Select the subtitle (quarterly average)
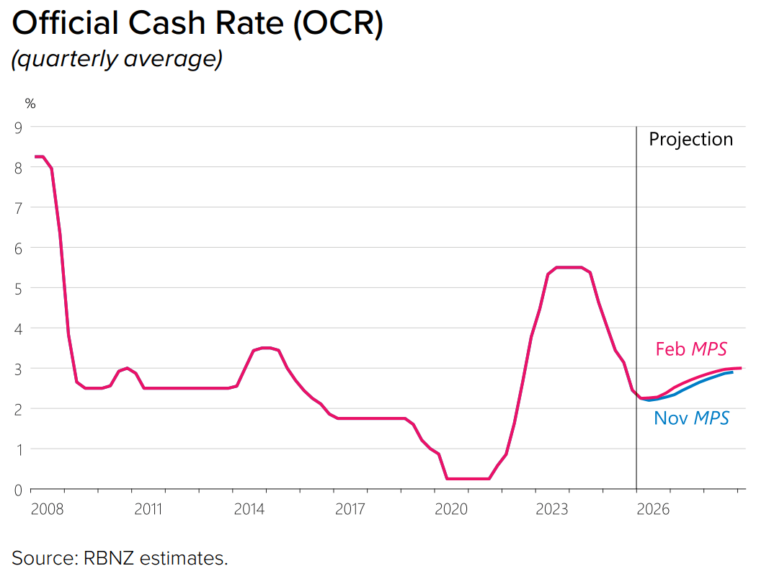coord(117,59)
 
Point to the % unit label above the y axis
coord(30,104)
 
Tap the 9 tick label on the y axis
coord(19,127)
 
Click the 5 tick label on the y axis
coord(19,289)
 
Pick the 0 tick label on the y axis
coord(19,490)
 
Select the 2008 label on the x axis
coord(47,509)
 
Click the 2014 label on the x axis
coord(249,509)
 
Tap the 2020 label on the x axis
coord(451,509)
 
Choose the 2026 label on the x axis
coord(653,509)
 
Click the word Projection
coord(691,139)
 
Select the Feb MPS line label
coord(691,349)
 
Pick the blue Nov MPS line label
coord(691,418)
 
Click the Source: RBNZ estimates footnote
coord(120,558)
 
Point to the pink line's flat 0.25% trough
coord(468,479)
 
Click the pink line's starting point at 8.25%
coord(35,157)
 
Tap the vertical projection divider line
coord(636,307)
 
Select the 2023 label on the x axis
coord(552,509)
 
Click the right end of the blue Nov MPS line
coord(732,372)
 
